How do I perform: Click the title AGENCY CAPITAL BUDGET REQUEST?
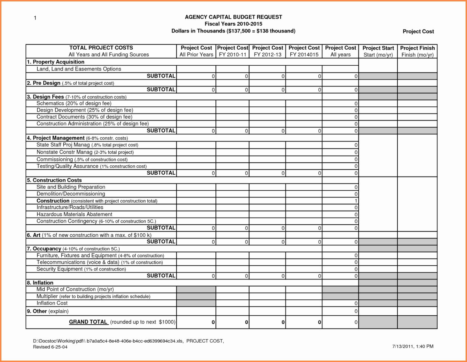click(x=233, y=17)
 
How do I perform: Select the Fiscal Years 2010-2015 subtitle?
click(x=233, y=24)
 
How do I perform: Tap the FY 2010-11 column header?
click(x=233, y=51)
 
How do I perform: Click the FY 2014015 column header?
click(x=304, y=51)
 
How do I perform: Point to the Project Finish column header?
click(x=417, y=51)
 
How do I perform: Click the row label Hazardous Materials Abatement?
click(x=74, y=214)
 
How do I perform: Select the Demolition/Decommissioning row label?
click(x=71, y=194)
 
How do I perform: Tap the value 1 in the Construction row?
click(x=356, y=201)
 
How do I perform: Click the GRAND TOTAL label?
click(x=88, y=322)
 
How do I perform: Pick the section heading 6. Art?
click(x=34, y=235)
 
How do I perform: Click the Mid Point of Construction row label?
click(x=75, y=289)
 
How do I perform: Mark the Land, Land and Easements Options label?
click(x=79, y=69)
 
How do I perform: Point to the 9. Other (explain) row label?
click(x=48, y=311)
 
